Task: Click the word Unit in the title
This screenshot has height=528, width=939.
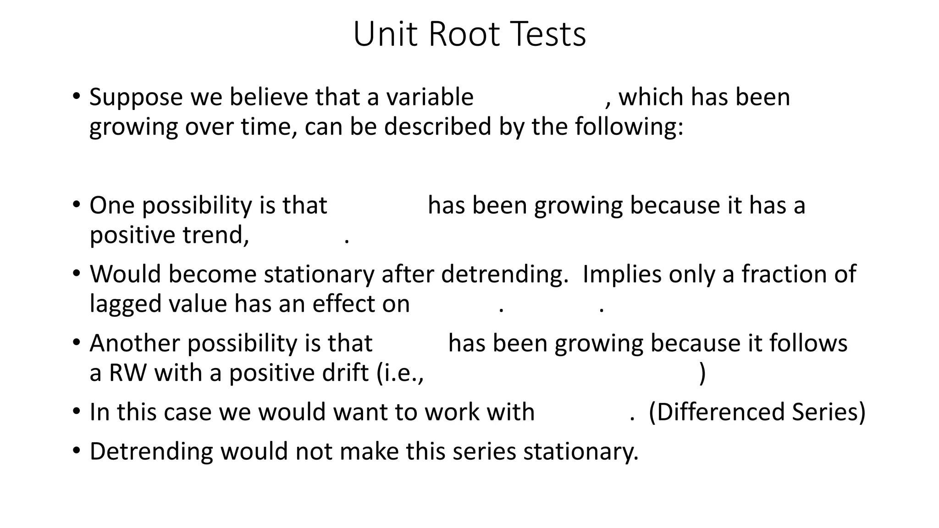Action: (387, 34)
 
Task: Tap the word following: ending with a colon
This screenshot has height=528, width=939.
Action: (629, 127)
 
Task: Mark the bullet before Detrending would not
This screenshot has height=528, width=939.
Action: (76, 451)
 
